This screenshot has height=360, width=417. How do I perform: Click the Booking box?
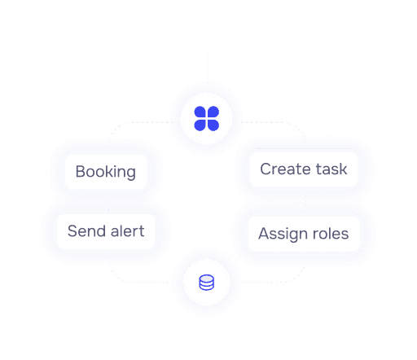coord(106,172)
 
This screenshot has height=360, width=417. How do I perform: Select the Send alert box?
coord(106,231)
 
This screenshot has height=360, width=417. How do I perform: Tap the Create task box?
coord(304,169)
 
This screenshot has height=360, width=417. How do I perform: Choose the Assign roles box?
coord(304,234)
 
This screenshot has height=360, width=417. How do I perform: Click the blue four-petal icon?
coord(207,118)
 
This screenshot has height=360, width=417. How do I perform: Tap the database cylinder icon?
coord(207,283)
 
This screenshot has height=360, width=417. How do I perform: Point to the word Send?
coord(86,231)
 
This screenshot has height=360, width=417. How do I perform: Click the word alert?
coord(127,231)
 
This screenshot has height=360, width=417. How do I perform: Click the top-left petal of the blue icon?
coord(200,112)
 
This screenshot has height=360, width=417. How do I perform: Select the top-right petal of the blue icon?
coord(213,112)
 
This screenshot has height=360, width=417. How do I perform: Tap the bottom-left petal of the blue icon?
coord(200,125)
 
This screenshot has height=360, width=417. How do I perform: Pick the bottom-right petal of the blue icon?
coord(213,125)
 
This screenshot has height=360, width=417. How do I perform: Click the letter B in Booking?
coord(80,171)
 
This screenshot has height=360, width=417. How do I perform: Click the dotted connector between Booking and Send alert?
coord(108,201)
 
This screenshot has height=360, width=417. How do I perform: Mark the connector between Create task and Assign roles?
coord(305,201)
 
